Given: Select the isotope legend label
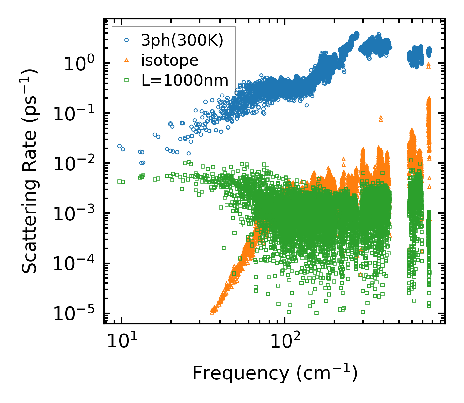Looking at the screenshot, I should pyautogui.click(x=170, y=61).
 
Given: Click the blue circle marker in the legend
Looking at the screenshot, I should pyautogui.click(x=127, y=40).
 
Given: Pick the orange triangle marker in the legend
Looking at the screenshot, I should pyautogui.click(x=127, y=60).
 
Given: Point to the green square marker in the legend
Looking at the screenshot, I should pyautogui.click(x=127, y=80).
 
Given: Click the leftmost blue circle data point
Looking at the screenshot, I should pyautogui.click(x=119, y=146).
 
